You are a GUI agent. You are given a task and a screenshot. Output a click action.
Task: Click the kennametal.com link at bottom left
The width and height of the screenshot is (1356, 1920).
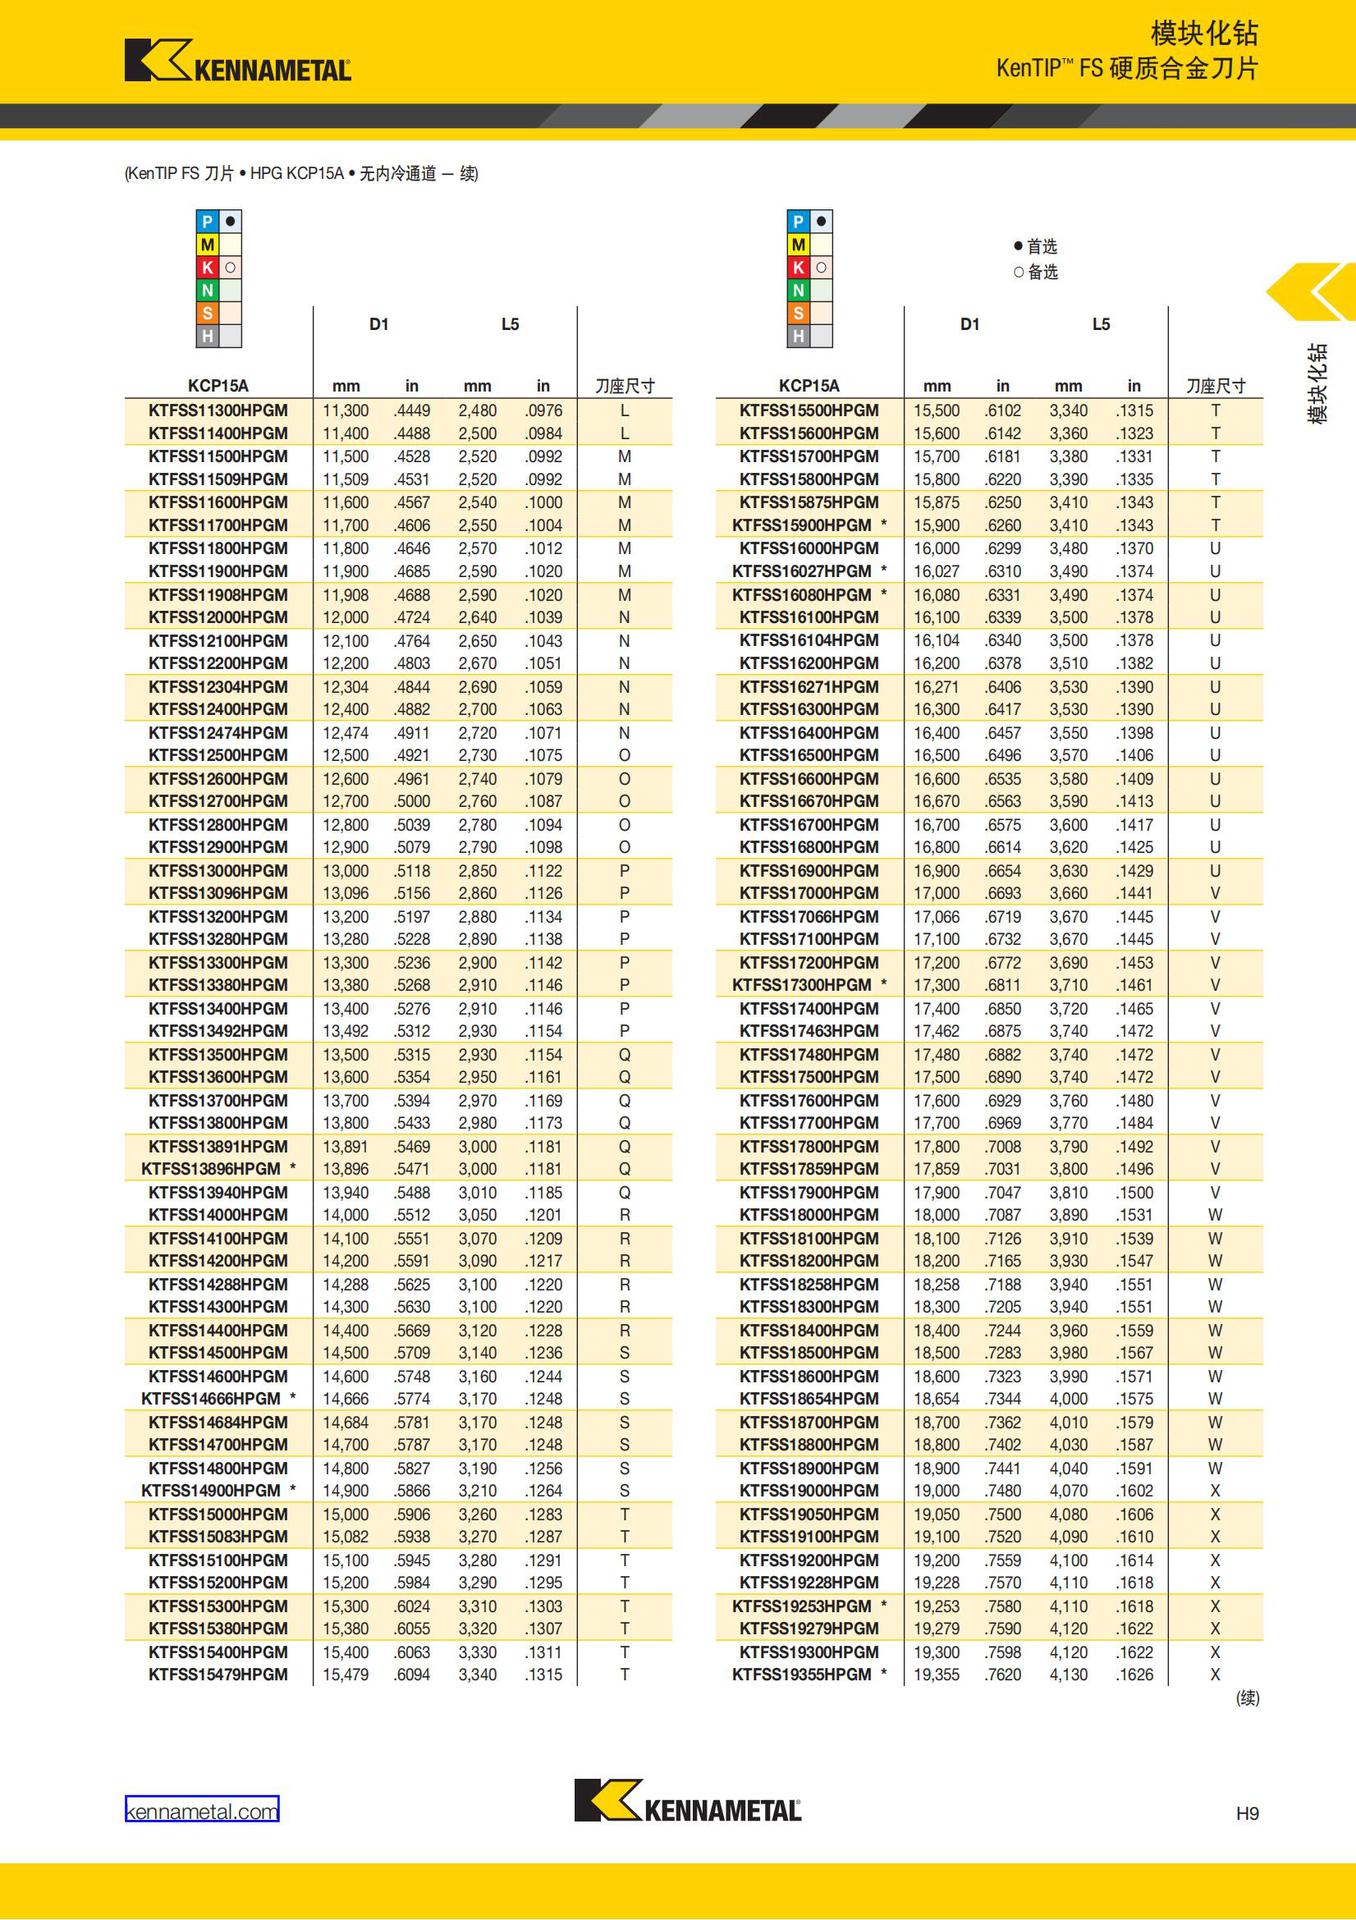pyautogui.click(x=201, y=1811)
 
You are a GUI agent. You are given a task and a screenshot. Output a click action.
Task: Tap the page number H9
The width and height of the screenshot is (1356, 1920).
pyautogui.click(x=1247, y=1813)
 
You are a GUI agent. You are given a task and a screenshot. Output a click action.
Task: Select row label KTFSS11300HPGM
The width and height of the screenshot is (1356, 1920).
pyautogui.click(x=218, y=411)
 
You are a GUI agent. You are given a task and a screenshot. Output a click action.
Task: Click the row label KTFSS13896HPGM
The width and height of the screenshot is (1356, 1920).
pyautogui.click(x=211, y=1169)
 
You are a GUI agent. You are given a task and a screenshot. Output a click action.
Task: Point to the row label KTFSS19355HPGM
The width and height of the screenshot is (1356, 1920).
pyautogui.click(x=802, y=1675)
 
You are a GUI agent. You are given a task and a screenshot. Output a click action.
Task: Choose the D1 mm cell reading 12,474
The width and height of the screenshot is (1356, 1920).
pyautogui.click(x=345, y=733)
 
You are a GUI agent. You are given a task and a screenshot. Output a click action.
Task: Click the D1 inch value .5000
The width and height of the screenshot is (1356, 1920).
pyautogui.click(x=412, y=801)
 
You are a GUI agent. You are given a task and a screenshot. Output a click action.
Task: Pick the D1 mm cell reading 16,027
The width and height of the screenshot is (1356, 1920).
pyautogui.click(x=936, y=571)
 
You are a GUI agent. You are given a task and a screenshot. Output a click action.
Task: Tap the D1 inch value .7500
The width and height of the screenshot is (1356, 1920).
pyautogui.click(x=1003, y=1515)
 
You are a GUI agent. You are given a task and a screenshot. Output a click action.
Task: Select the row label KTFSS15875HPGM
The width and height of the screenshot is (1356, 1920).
pyautogui.click(x=809, y=503)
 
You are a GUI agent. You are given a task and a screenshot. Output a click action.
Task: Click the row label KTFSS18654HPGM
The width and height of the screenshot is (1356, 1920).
pyautogui.click(x=809, y=1399)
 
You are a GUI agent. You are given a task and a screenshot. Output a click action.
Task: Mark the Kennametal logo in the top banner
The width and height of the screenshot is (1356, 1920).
pyautogui.click(x=238, y=60)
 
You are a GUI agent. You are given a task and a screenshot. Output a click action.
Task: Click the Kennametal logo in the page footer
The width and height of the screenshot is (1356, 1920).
pyautogui.click(x=687, y=1801)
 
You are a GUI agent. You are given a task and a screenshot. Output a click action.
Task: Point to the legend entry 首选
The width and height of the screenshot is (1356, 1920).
pyautogui.click(x=1036, y=247)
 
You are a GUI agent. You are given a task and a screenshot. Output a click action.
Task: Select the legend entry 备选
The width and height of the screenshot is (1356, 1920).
pyautogui.click(x=1036, y=272)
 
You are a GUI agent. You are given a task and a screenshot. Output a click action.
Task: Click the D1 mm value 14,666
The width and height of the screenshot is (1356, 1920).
pyautogui.click(x=345, y=1399)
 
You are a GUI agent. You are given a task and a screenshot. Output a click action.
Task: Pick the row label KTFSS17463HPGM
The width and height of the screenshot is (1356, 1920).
pyautogui.click(x=809, y=1031)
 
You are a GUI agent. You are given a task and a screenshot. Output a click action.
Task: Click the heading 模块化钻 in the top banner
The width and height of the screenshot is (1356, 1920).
pyautogui.click(x=1204, y=34)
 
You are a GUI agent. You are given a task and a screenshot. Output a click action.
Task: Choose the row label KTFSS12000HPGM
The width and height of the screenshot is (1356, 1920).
pyautogui.click(x=218, y=618)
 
